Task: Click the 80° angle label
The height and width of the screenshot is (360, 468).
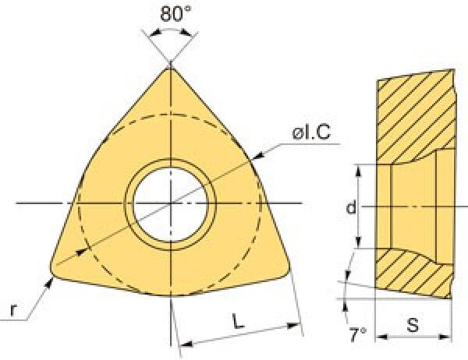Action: [x=175, y=13]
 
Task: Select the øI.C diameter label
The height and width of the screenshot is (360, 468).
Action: [x=311, y=132]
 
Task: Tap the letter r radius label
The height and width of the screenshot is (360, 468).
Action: [x=12, y=310]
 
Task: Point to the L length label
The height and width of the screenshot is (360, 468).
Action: [x=238, y=321]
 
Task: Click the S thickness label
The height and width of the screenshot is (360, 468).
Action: [x=413, y=325]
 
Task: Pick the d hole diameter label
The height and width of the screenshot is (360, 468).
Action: [x=351, y=206]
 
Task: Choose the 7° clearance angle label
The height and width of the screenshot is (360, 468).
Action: [x=357, y=334]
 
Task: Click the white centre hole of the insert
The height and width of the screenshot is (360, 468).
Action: [x=170, y=204]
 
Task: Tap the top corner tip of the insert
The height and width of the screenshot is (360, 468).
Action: [x=170, y=68]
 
